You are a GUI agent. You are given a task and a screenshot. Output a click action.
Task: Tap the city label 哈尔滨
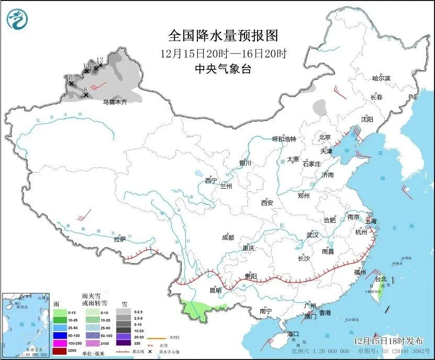(381, 78)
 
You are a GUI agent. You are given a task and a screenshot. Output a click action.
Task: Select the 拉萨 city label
(119, 239)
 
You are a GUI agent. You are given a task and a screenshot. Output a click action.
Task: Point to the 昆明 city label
(215, 290)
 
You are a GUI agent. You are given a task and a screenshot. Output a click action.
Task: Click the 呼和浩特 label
(284, 139)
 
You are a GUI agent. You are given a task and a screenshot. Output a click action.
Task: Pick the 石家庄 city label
(316, 163)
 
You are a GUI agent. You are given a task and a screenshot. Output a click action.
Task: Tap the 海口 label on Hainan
(293, 334)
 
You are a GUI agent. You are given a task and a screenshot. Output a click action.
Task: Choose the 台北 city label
(381, 279)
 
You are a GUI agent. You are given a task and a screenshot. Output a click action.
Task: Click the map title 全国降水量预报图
(223, 35)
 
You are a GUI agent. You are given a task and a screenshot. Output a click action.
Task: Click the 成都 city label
(228, 237)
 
